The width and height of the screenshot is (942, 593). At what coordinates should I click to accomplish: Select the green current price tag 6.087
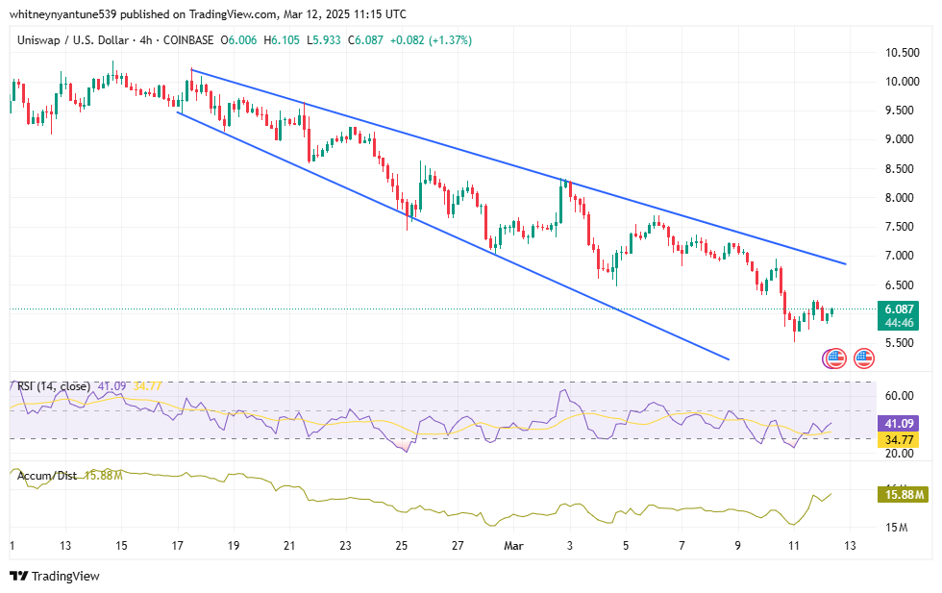pyautogui.click(x=903, y=309)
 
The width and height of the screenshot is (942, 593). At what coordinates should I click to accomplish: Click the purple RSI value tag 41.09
pyautogui.click(x=903, y=423)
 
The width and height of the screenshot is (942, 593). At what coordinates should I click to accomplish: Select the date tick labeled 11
pyautogui.click(x=794, y=546)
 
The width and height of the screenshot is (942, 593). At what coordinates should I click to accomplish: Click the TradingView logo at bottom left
pyautogui.click(x=55, y=576)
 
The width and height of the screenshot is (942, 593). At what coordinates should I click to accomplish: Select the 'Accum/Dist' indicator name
pyautogui.click(x=46, y=475)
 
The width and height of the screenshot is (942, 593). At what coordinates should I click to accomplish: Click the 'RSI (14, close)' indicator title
pyautogui.click(x=54, y=386)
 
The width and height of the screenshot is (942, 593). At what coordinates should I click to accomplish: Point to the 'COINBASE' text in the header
pyautogui.click(x=189, y=40)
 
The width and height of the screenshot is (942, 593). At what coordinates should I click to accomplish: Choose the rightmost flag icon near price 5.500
pyautogui.click(x=863, y=358)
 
